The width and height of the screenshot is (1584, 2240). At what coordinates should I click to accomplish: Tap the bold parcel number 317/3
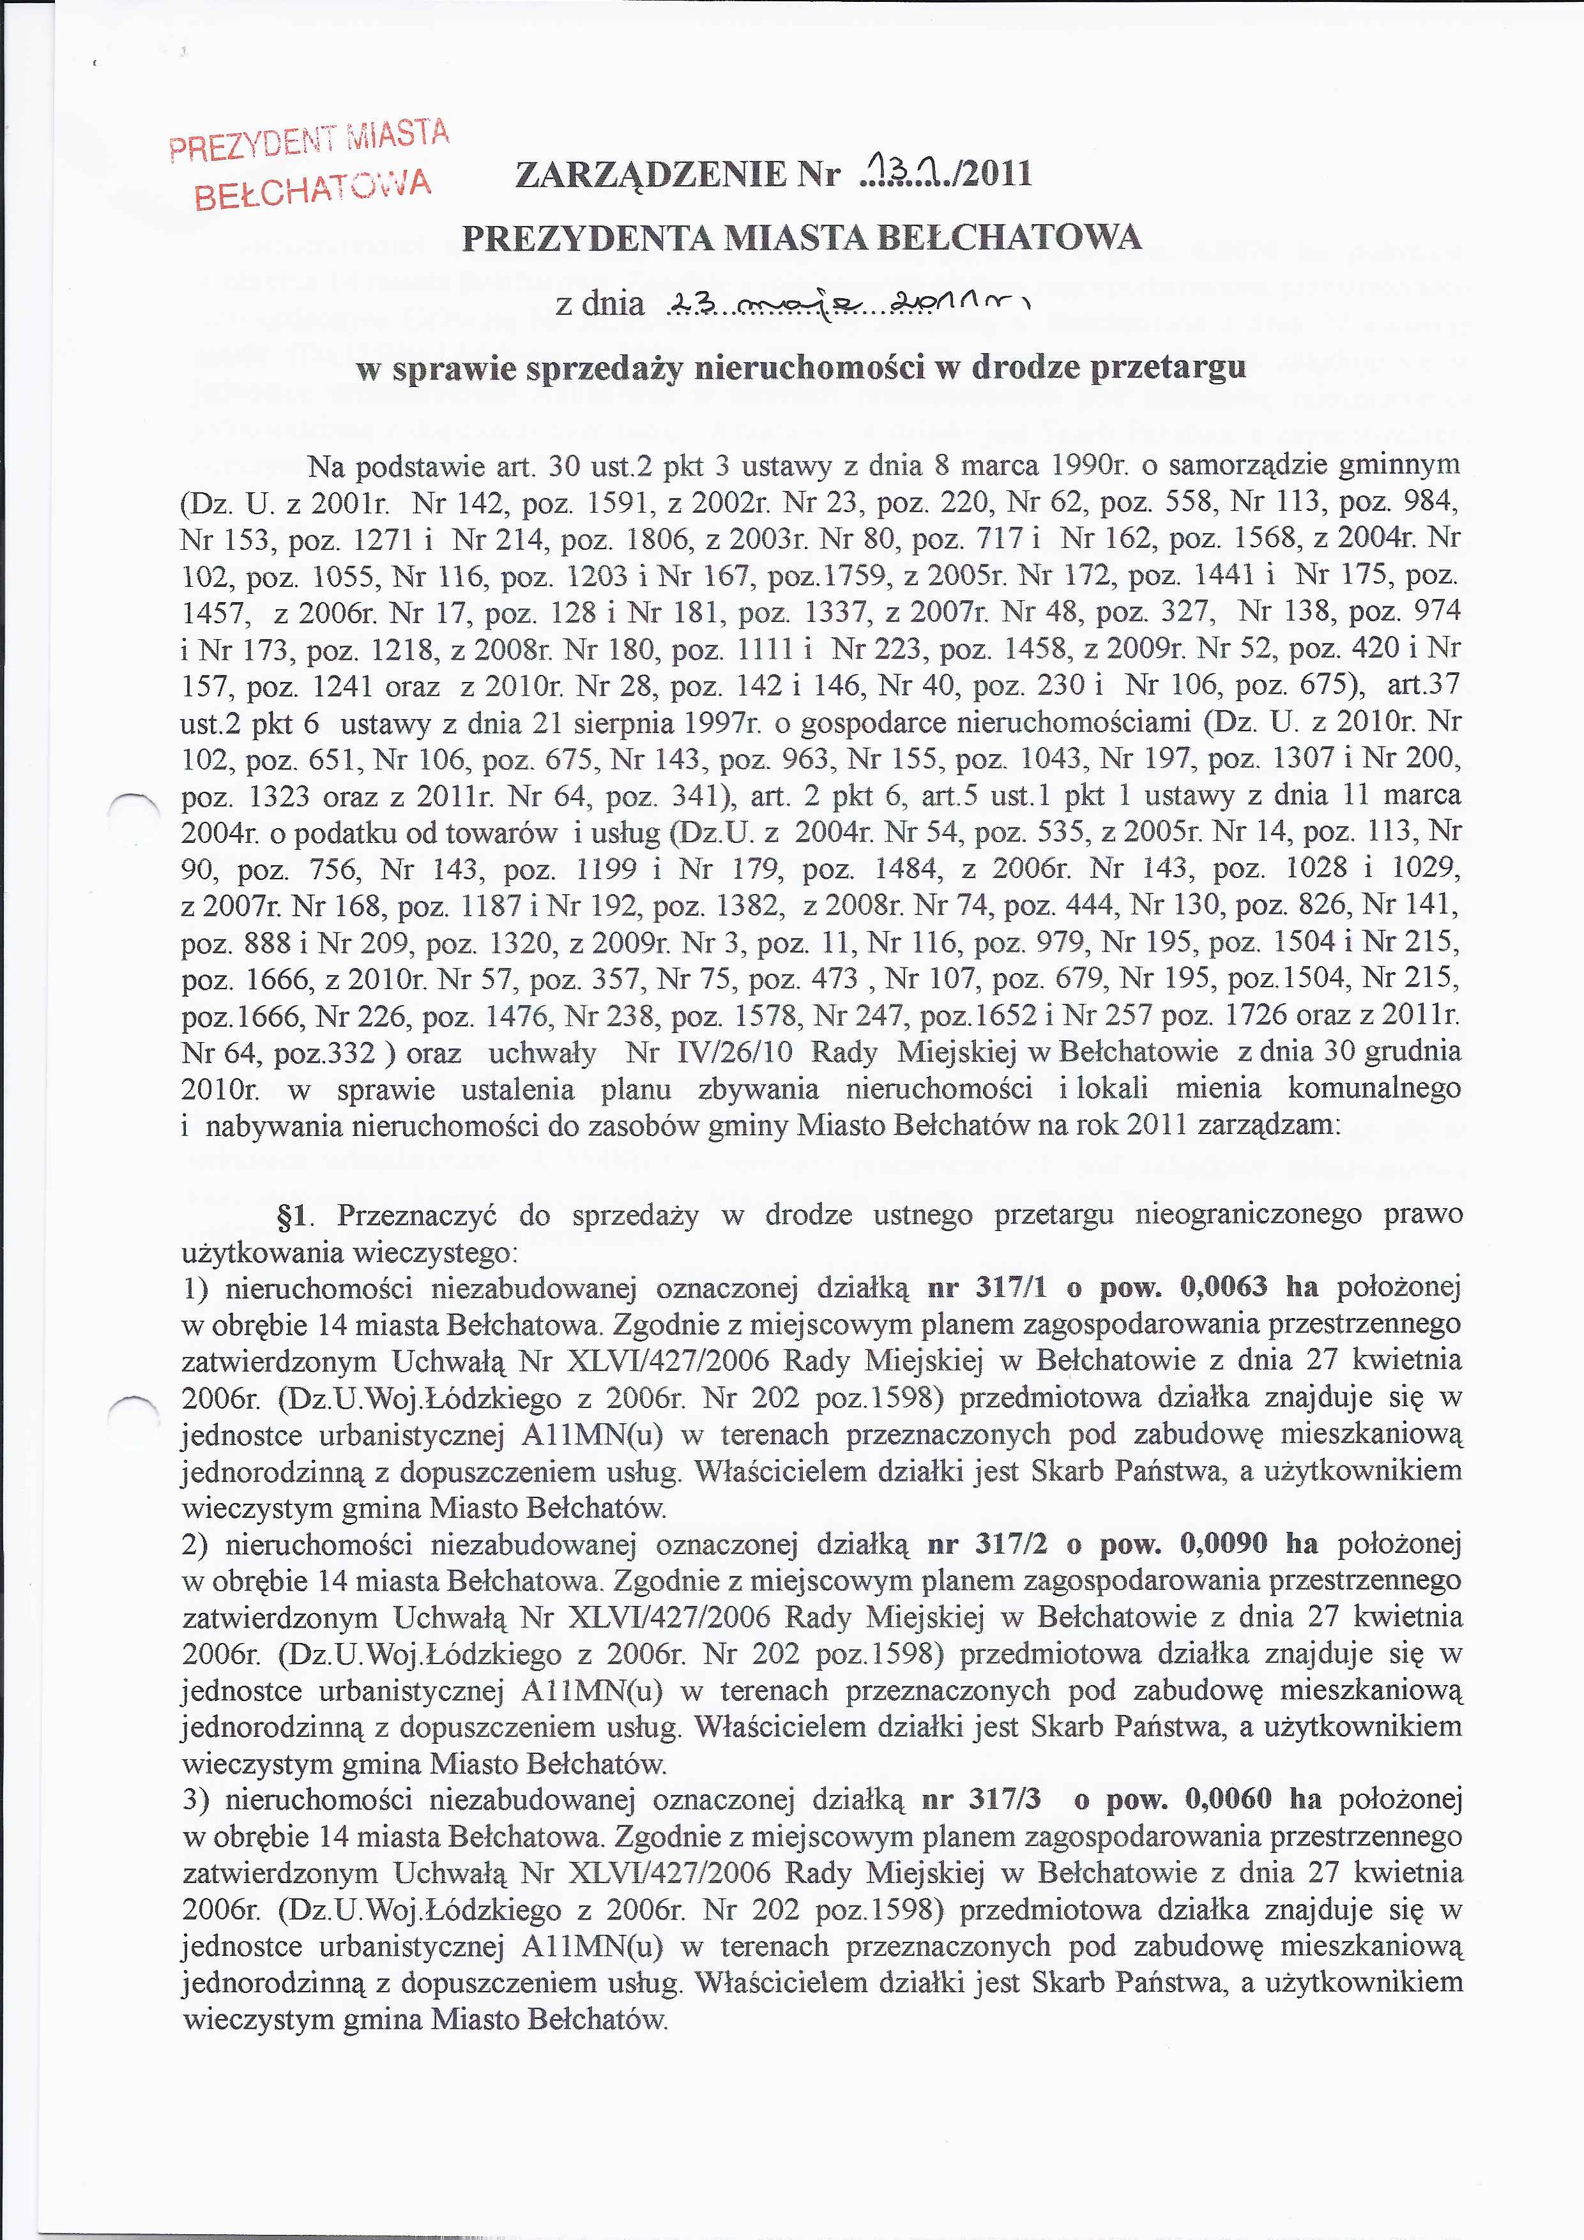pos(1006,1799)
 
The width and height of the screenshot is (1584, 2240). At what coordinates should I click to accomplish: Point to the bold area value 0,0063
pos(1223,1288)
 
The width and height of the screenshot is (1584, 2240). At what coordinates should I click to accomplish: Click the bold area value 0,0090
pos(1223,1543)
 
